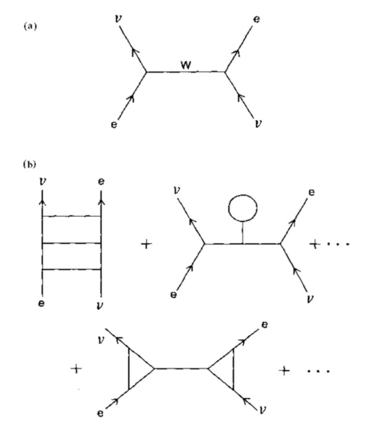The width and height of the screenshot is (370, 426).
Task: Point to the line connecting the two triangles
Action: pos(181,369)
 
